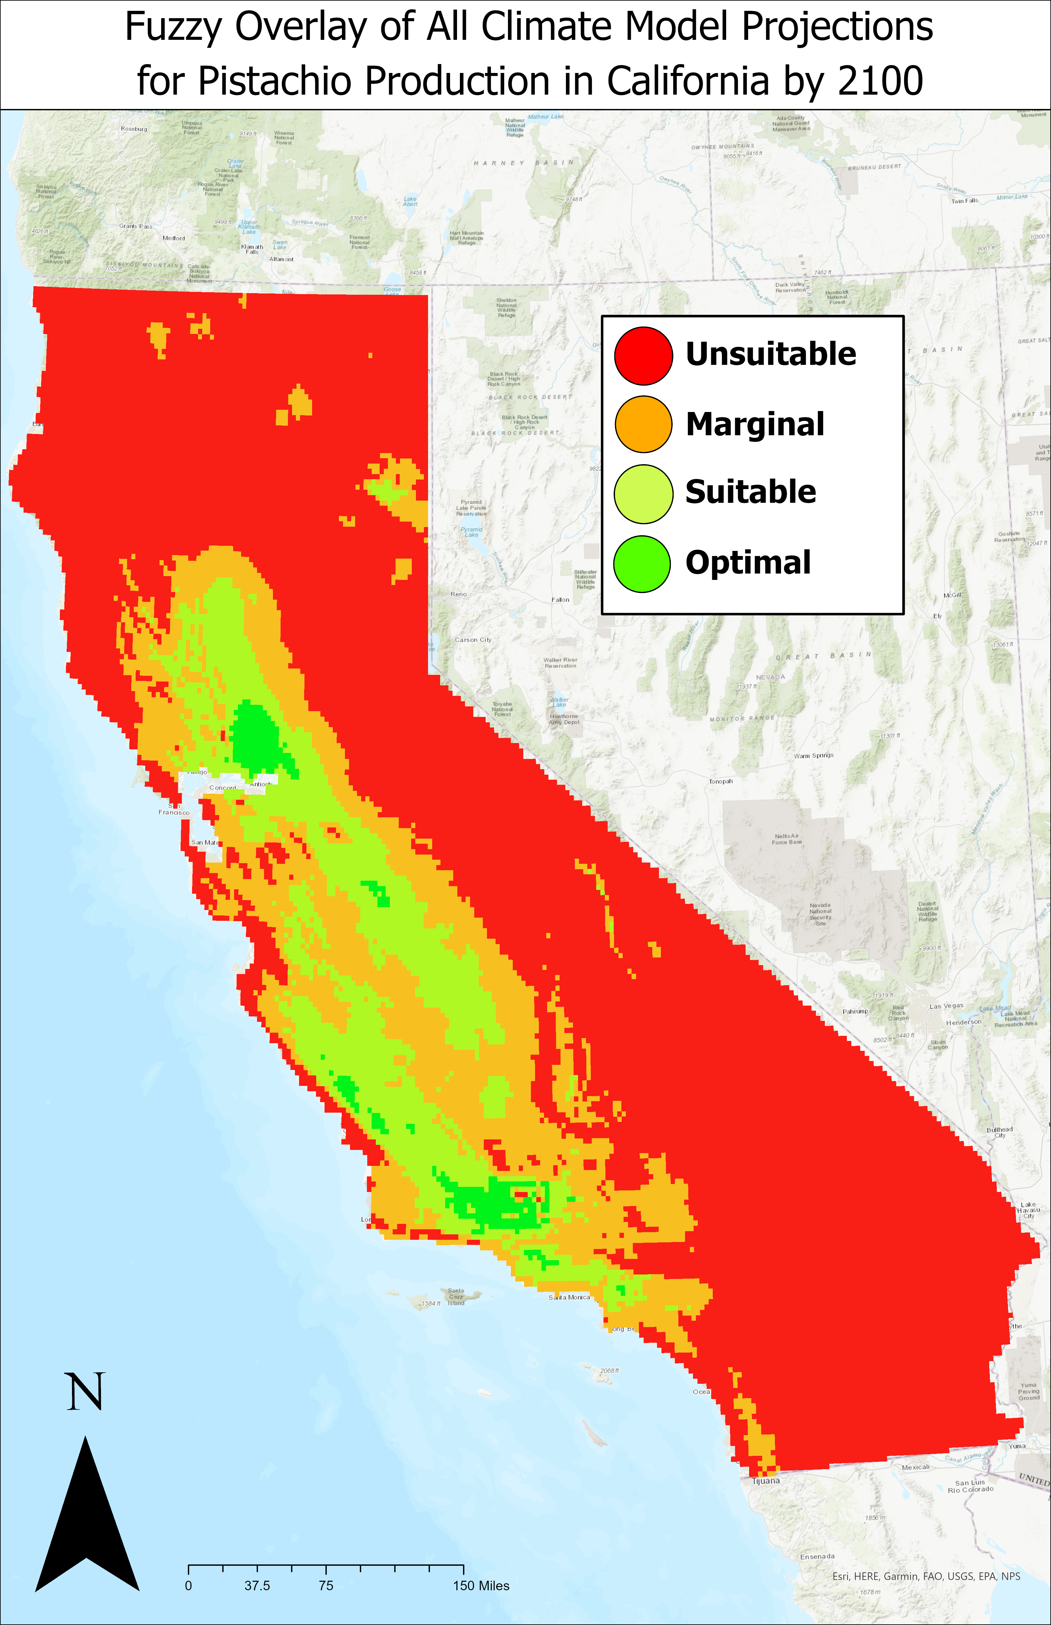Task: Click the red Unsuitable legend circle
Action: [643, 356]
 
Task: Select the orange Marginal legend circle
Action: [643, 424]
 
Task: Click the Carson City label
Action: [473, 640]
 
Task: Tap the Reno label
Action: [459, 594]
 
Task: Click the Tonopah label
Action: [721, 781]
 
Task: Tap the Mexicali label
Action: [915, 1467]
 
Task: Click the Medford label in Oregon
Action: [173, 238]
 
